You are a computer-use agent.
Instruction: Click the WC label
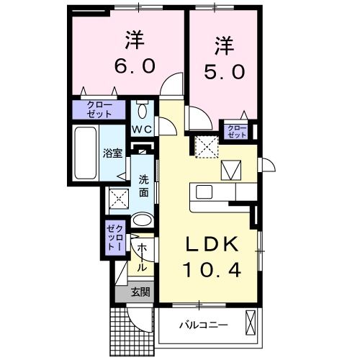[142, 130]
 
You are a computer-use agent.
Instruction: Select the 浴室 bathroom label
[112, 153]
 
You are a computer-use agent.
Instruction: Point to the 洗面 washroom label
[143, 187]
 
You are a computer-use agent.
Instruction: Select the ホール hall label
[142, 257]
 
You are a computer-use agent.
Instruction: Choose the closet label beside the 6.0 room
[99, 109]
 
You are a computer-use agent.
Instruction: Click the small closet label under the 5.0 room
[236, 130]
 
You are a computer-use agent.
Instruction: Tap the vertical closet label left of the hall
[115, 237]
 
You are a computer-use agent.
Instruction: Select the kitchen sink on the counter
[203, 192]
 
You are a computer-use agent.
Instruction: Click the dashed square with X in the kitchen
[206, 146]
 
